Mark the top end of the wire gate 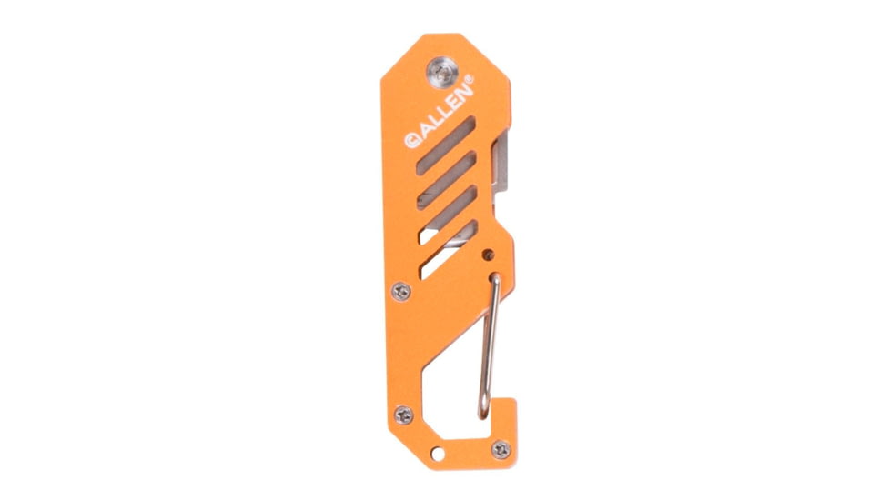click(x=497, y=275)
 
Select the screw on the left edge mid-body click(x=402, y=291)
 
